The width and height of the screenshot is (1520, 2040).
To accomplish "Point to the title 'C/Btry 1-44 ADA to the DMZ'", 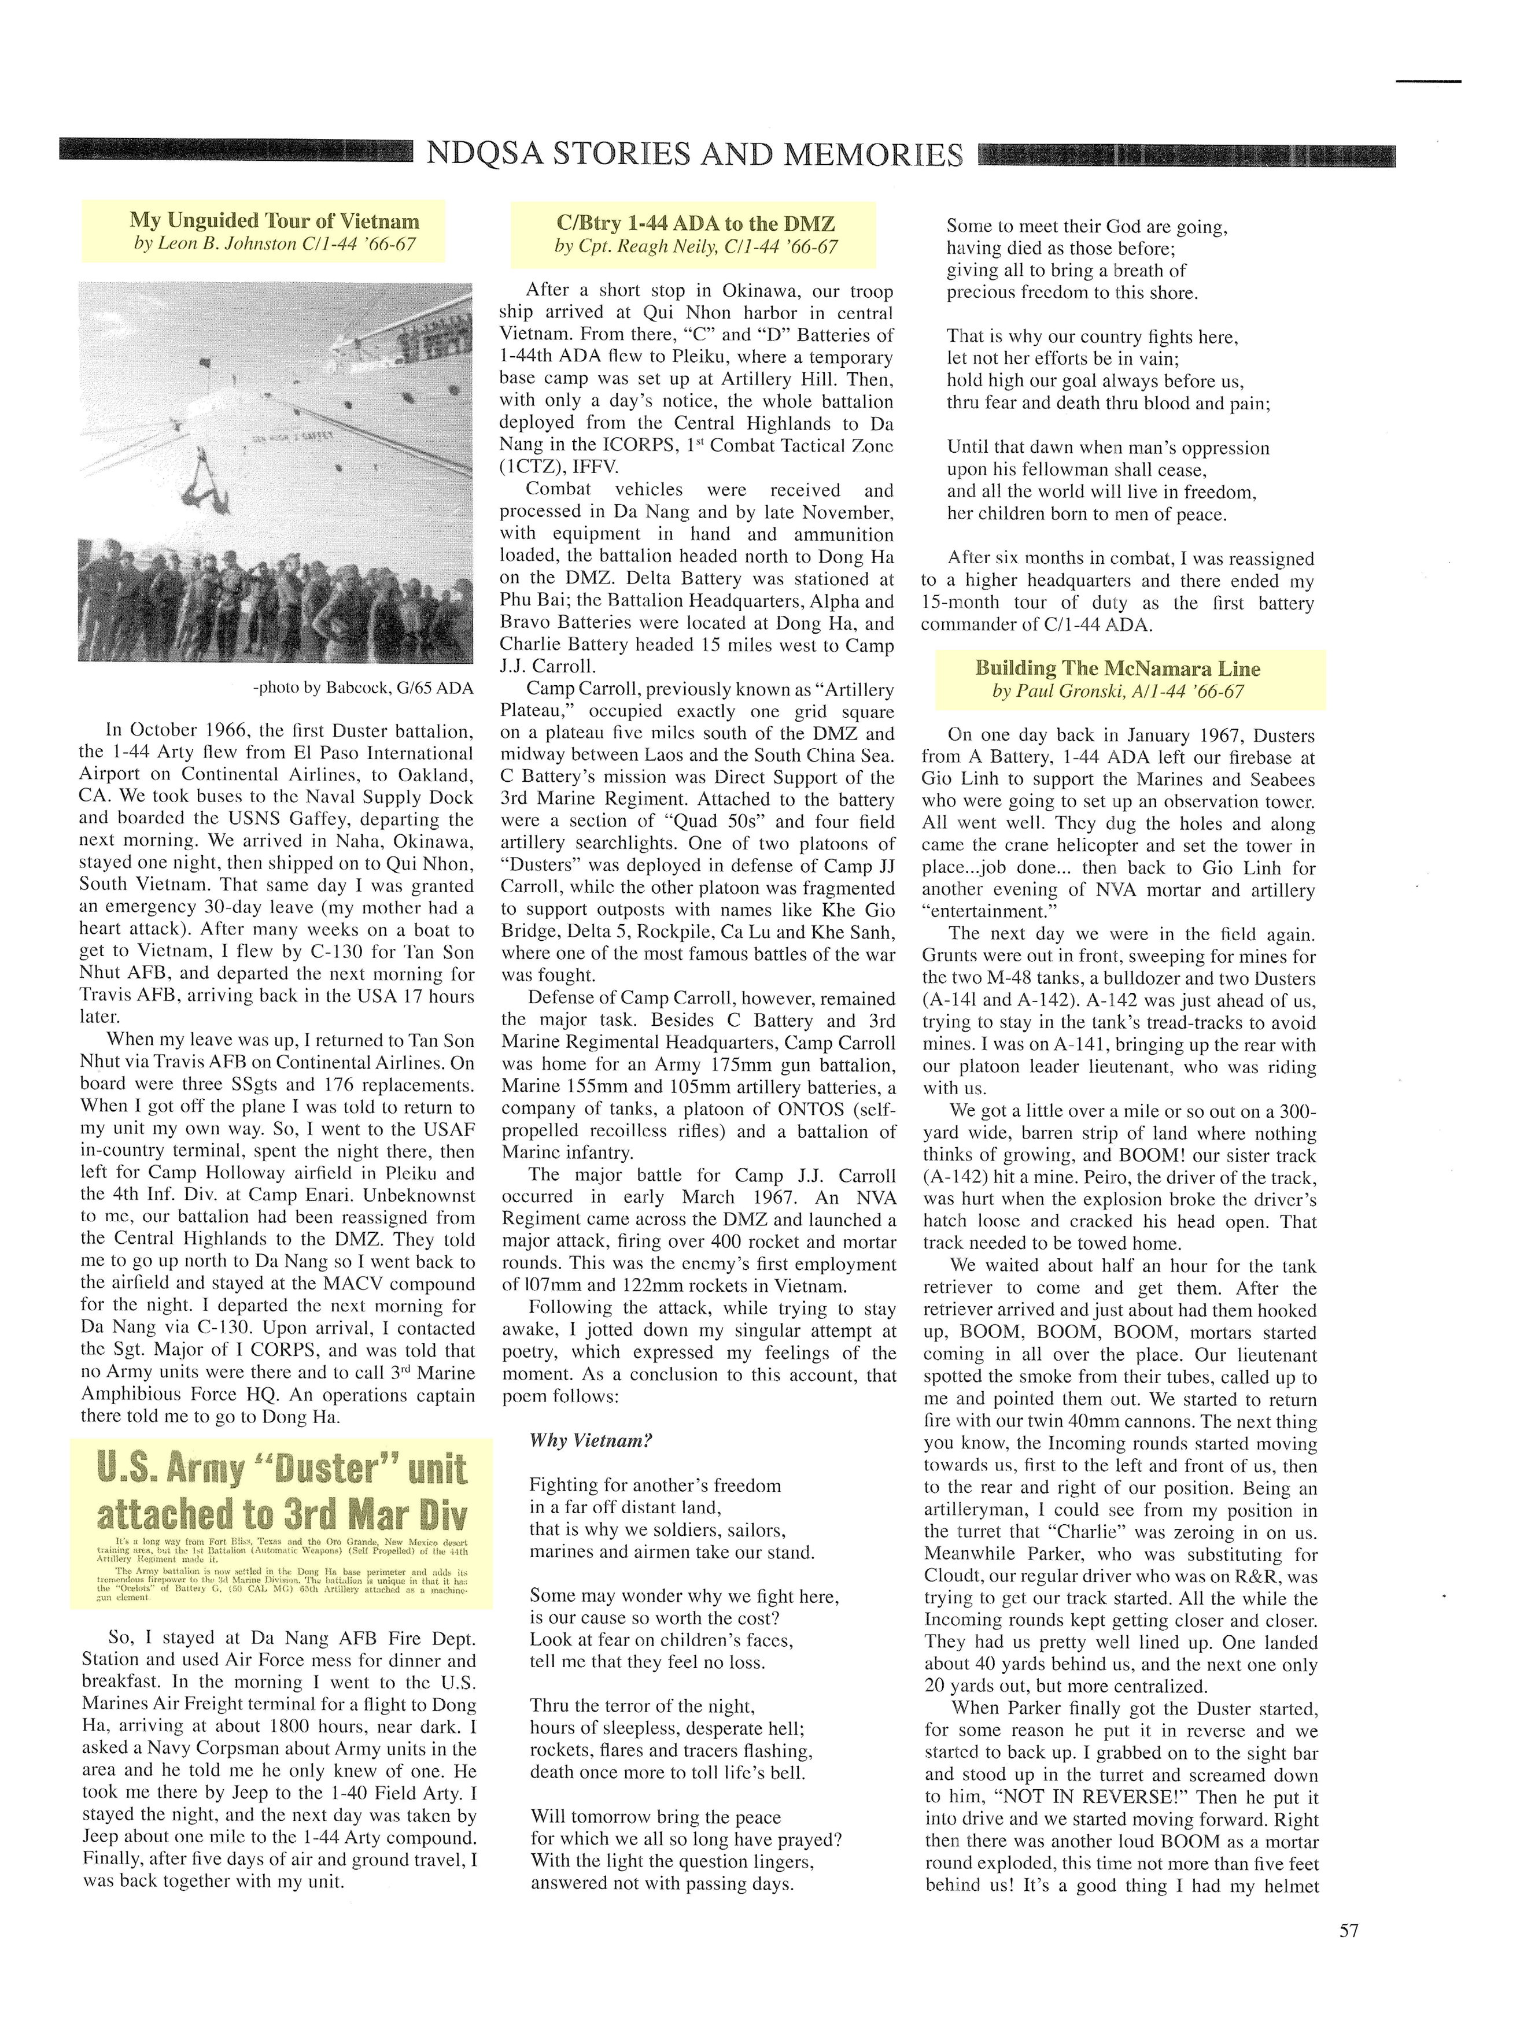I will (696, 224).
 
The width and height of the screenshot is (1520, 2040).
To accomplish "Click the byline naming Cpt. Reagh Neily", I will (696, 246).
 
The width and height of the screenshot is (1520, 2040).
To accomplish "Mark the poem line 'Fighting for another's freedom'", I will (655, 1485).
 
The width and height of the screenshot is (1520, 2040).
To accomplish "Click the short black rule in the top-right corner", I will (1428, 82).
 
